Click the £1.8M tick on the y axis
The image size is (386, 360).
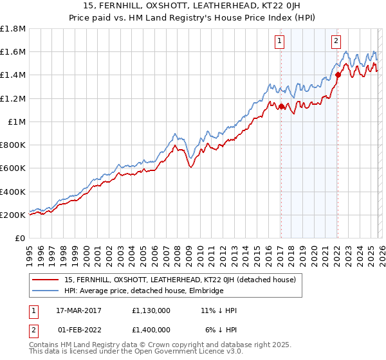pyautogui.click(x=13, y=29)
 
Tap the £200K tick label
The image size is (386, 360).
pyautogui.click(x=13, y=215)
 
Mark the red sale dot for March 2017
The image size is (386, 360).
pyautogui.click(x=281, y=107)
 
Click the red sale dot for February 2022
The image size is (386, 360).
pyautogui.click(x=337, y=75)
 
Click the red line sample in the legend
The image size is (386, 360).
pyautogui.click(x=45, y=280)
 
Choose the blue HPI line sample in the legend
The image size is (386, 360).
pyautogui.click(x=45, y=291)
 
